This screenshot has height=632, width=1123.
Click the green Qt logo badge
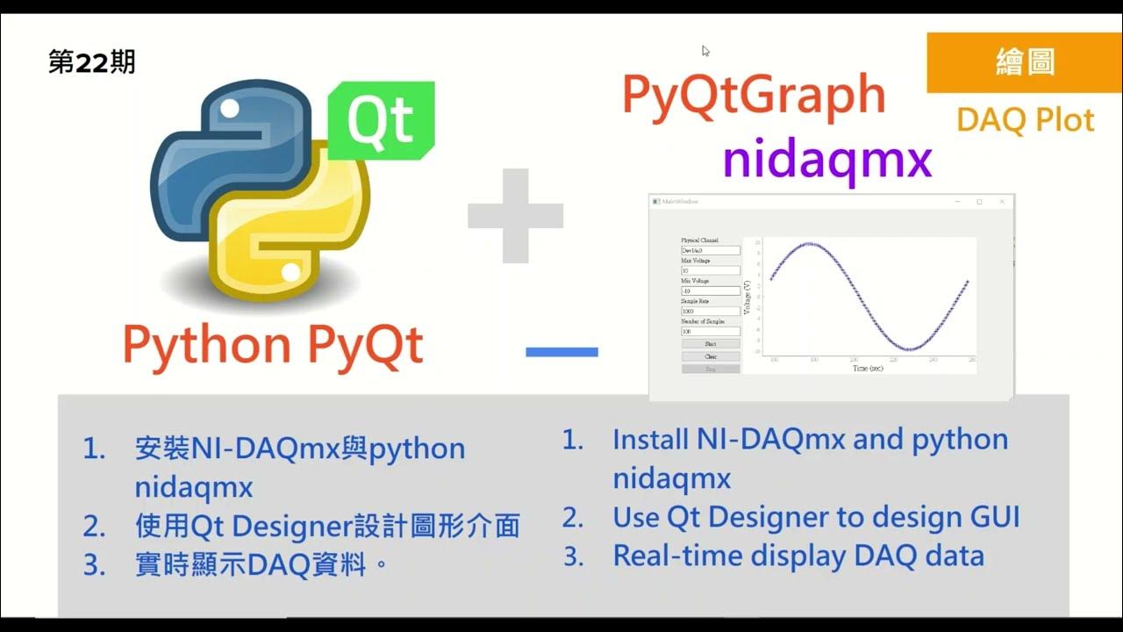[x=381, y=121]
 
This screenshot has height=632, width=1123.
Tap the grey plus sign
[x=515, y=216]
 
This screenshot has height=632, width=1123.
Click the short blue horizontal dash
[x=561, y=352]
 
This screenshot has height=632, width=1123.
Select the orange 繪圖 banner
[x=1025, y=63]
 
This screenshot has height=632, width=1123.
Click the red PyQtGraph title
[x=754, y=95]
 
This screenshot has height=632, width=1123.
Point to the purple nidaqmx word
[x=826, y=160]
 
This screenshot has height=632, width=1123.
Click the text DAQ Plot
[x=1025, y=119]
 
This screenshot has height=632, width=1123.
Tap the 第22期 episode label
[x=91, y=63]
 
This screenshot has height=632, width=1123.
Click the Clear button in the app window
[x=711, y=356]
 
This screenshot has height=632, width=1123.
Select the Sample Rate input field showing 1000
[x=711, y=311]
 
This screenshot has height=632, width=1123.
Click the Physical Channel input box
[x=711, y=250]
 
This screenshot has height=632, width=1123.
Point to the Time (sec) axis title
[x=868, y=368]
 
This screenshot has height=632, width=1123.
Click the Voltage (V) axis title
[x=747, y=298]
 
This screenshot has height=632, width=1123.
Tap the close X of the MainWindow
[x=1002, y=202]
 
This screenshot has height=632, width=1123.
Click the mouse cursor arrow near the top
[x=705, y=51]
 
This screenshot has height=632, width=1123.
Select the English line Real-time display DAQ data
[x=798, y=556]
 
